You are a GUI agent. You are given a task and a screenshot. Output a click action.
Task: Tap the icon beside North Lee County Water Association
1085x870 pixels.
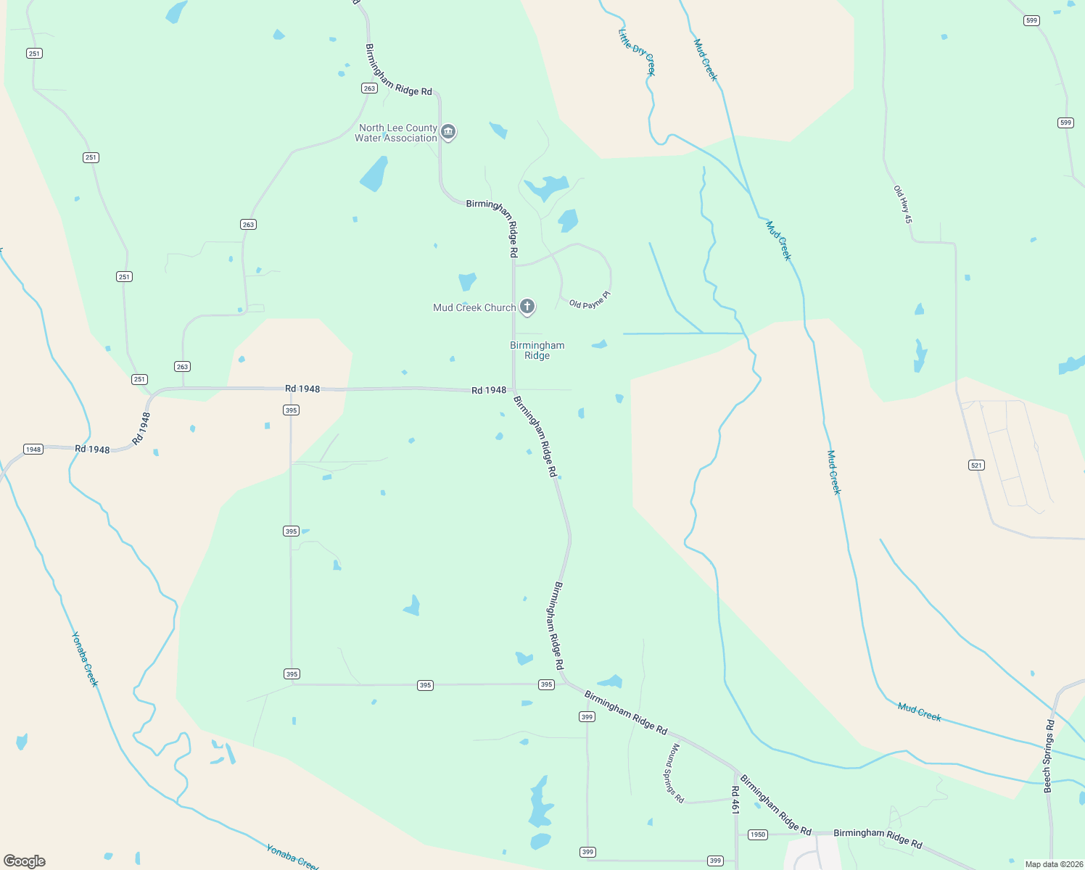click(x=448, y=132)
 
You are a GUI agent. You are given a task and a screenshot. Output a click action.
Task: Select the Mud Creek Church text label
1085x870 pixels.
click(x=474, y=307)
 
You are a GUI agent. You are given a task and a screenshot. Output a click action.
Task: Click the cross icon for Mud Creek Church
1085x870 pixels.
click(x=528, y=307)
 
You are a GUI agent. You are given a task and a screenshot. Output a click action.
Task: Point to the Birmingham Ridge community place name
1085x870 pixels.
click(x=537, y=350)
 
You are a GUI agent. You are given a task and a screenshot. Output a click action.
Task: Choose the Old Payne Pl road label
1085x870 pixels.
click(x=590, y=300)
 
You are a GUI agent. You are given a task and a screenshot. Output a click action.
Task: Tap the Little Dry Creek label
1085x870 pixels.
click(x=637, y=51)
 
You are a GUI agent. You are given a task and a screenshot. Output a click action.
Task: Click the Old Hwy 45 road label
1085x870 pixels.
click(x=903, y=204)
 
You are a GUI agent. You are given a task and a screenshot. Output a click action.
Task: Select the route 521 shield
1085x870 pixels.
click(x=977, y=465)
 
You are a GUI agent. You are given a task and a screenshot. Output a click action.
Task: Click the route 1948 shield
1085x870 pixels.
click(x=33, y=449)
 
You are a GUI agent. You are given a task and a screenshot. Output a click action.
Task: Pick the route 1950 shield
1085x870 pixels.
click(x=757, y=834)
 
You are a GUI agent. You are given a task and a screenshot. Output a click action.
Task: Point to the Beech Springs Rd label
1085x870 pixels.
click(x=1049, y=756)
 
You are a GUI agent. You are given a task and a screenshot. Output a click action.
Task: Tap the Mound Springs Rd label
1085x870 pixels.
click(x=674, y=773)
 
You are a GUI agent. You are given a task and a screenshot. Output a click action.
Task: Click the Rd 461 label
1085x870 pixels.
click(x=735, y=800)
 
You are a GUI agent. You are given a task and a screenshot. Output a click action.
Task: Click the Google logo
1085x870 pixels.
click(x=25, y=861)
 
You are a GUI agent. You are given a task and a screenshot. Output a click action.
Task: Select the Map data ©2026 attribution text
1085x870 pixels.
click(x=1053, y=864)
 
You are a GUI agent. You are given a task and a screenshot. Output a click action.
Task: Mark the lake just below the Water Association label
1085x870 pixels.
click(x=374, y=175)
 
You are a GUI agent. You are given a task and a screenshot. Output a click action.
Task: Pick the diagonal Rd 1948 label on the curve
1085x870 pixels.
click(x=141, y=428)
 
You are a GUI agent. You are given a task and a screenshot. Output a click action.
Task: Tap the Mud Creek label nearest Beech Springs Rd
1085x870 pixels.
click(x=919, y=712)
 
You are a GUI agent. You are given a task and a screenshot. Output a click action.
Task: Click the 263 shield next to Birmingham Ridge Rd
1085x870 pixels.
click(x=369, y=88)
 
